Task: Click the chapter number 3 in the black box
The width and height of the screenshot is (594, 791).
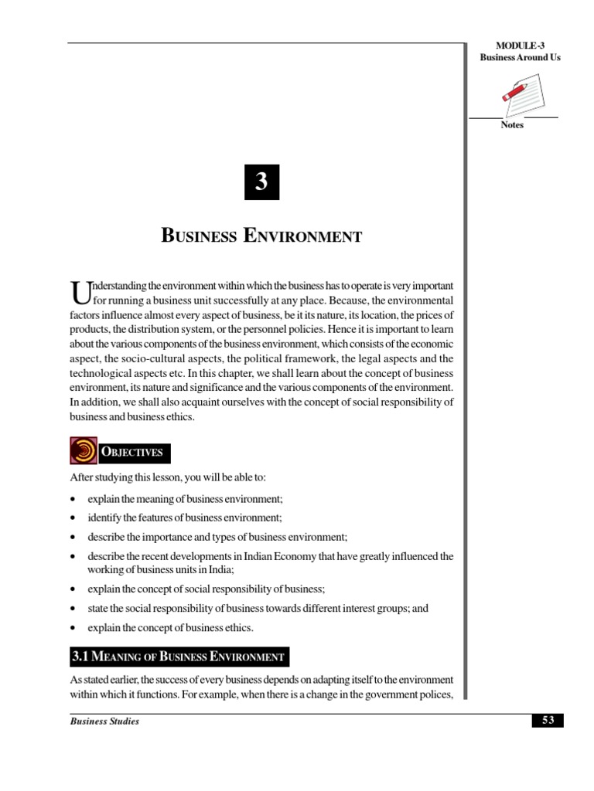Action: click(261, 182)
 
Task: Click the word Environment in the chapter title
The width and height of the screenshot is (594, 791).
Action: click(302, 236)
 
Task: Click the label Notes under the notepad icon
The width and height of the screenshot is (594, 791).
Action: click(512, 125)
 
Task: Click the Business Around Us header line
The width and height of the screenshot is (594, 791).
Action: click(520, 58)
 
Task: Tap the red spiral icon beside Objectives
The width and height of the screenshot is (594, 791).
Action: click(83, 451)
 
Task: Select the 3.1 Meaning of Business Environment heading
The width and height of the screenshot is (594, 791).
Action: click(179, 657)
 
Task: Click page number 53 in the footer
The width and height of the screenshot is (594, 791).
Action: click(548, 721)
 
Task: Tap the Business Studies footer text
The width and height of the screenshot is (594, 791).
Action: click(104, 721)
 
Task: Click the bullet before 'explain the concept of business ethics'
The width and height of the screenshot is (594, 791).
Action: click(72, 627)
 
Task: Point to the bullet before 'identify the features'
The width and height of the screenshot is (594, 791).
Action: click(72, 518)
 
